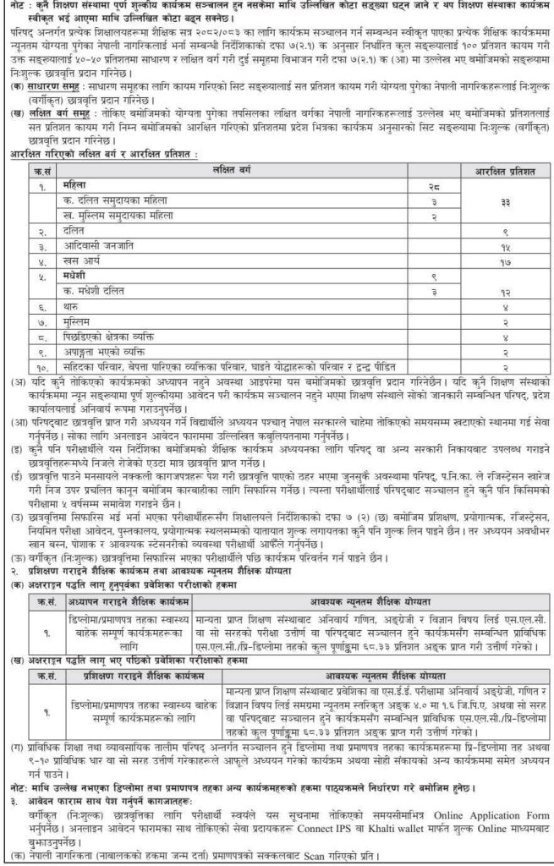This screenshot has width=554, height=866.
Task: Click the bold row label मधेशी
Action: tap(77, 276)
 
